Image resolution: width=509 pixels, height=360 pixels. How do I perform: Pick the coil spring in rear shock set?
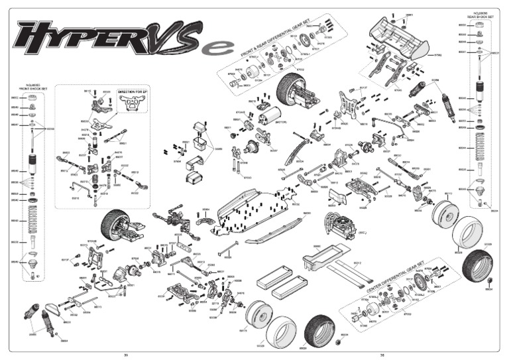(481, 149)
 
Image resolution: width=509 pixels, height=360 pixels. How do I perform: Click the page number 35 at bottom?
(126, 355)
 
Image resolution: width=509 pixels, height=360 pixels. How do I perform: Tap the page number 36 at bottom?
(382, 355)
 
